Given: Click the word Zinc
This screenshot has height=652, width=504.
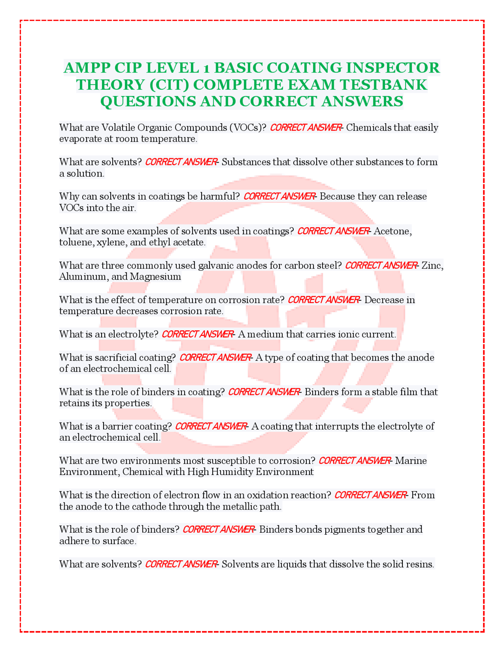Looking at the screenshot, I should pyautogui.click(x=432, y=265).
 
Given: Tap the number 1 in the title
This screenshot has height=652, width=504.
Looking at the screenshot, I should pyautogui.click(x=206, y=69).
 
